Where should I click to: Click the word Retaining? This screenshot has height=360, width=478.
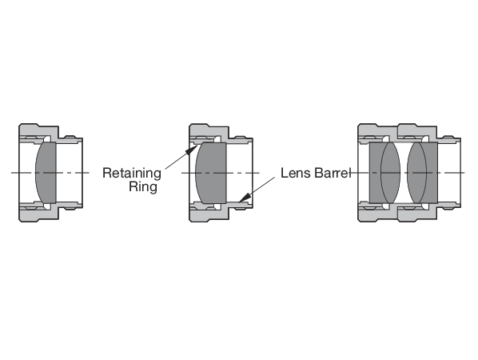point(133,173)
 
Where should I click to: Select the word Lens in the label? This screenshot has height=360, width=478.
point(293,173)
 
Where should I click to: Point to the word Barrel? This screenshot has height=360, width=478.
point(329,173)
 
